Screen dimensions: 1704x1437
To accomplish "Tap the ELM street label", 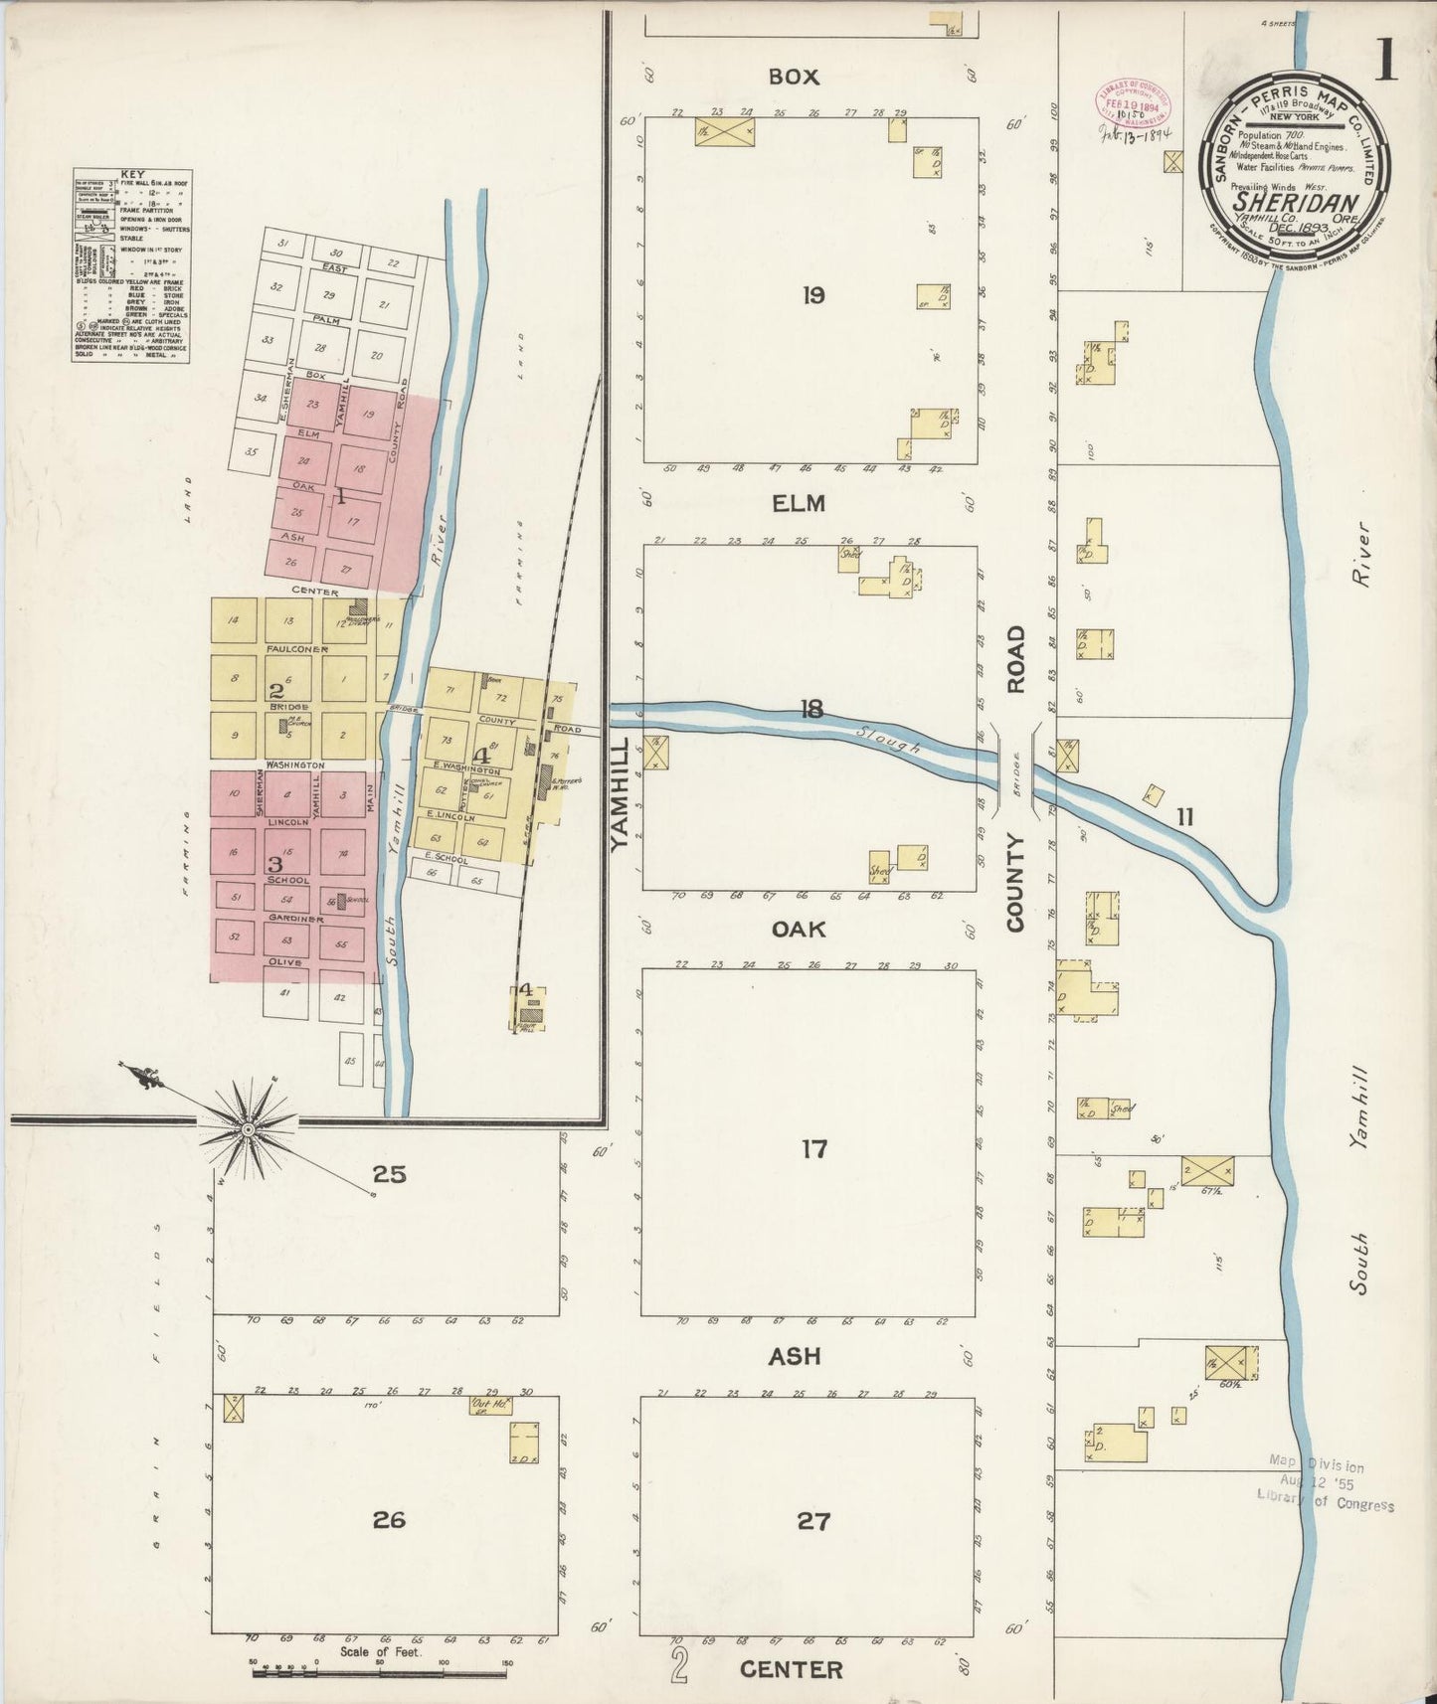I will click(x=800, y=503).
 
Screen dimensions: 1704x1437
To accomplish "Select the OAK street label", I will click(x=800, y=929).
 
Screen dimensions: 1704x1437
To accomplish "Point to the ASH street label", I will click(x=796, y=1355).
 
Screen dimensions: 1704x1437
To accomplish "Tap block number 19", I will click(x=813, y=294).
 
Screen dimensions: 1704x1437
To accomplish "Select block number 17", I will click(x=813, y=1149).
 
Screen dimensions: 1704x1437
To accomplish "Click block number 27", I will click(x=813, y=1520).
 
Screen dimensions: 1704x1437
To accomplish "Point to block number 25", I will click(x=389, y=1174).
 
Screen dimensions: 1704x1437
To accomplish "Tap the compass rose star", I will click(x=246, y=1129).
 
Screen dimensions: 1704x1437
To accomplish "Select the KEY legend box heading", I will click(x=132, y=174).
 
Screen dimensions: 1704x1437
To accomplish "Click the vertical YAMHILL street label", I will click(x=619, y=794).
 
